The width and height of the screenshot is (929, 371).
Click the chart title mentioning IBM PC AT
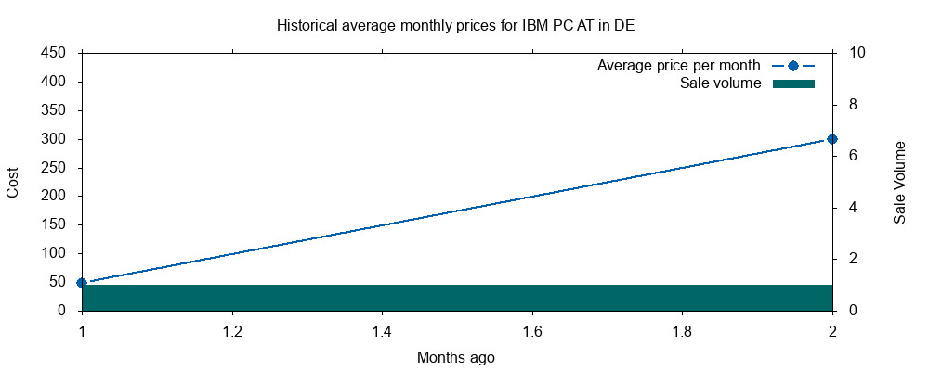point(456,26)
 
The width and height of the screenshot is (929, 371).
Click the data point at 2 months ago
point(831,139)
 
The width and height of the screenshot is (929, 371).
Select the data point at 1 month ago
point(82,283)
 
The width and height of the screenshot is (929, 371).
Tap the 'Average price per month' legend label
point(678,65)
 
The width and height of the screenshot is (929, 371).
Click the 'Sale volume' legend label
point(721,83)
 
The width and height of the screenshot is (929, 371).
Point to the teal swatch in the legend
point(794,83)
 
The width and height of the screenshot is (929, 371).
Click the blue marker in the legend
point(794,65)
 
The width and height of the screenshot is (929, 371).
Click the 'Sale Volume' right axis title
point(900,182)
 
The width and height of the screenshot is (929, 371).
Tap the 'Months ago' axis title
point(455,357)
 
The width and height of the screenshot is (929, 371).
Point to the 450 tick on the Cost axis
point(60,53)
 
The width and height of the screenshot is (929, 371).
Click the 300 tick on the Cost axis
point(60,139)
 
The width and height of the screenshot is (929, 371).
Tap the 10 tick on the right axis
point(857,53)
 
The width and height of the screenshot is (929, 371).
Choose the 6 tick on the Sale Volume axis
point(853,156)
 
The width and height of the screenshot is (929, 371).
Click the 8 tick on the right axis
point(853,104)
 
